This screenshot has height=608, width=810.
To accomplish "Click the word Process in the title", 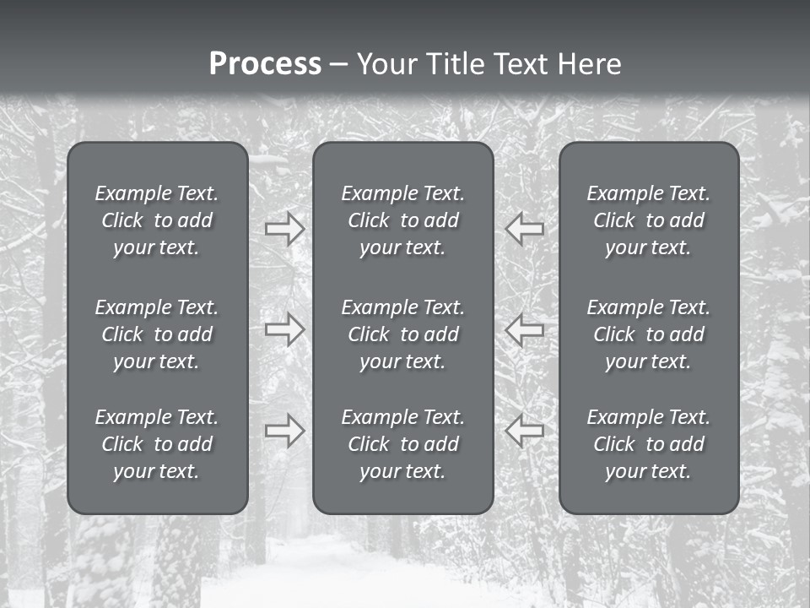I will [265, 64].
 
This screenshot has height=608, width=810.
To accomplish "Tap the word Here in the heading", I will [590, 64].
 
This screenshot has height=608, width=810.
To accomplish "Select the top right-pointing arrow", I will [285, 228].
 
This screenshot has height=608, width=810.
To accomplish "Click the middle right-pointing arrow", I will [285, 328].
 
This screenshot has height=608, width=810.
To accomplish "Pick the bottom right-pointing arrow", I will [285, 431].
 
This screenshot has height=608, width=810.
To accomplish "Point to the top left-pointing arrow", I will [524, 228].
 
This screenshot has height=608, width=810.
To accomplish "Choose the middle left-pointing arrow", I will [524, 328].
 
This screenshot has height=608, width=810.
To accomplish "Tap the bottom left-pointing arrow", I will [524, 431].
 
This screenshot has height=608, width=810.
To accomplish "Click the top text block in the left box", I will [157, 220].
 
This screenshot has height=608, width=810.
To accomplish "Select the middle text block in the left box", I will [157, 334].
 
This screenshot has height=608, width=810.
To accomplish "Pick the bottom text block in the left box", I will [157, 444].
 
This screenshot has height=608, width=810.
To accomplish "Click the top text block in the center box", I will [402, 220].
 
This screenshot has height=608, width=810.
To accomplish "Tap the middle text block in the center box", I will [402, 334].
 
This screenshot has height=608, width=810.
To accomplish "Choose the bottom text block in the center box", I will [402, 444].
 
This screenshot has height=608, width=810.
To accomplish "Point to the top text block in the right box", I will [648, 220].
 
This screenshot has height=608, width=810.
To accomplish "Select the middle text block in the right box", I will [648, 334].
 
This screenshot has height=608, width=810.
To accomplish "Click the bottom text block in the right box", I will [648, 444].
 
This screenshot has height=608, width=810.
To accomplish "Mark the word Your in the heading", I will [387, 64].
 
